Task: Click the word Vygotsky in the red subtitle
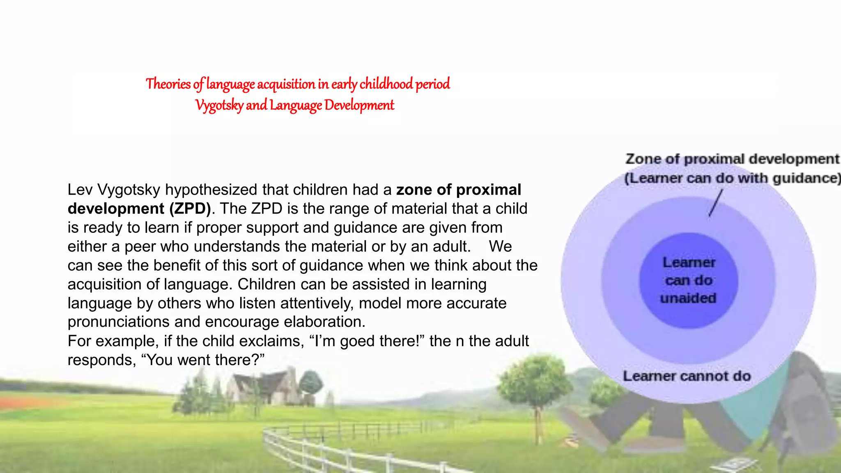coord(219,106)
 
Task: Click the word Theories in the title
coord(168,84)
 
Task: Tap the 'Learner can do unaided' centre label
coord(689,280)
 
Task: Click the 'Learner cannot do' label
coord(687,376)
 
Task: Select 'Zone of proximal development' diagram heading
coord(732,159)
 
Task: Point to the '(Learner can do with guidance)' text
coord(732,178)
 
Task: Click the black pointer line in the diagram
coord(715,203)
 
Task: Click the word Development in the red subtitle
coord(359,106)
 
